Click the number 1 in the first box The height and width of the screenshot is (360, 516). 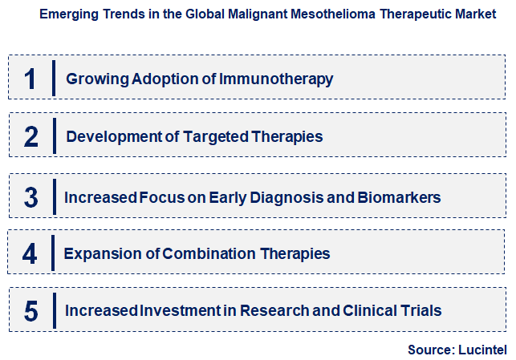click(x=31, y=79)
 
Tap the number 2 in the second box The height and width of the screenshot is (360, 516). click(x=31, y=137)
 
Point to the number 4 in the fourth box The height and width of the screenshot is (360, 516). click(x=30, y=255)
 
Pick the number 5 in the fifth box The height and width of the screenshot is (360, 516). click(x=31, y=312)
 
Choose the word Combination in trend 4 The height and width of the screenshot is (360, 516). click(x=209, y=255)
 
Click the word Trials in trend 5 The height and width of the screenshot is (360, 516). click(x=422, y=311)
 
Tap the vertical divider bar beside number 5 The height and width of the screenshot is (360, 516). click(x=54, y=310)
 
